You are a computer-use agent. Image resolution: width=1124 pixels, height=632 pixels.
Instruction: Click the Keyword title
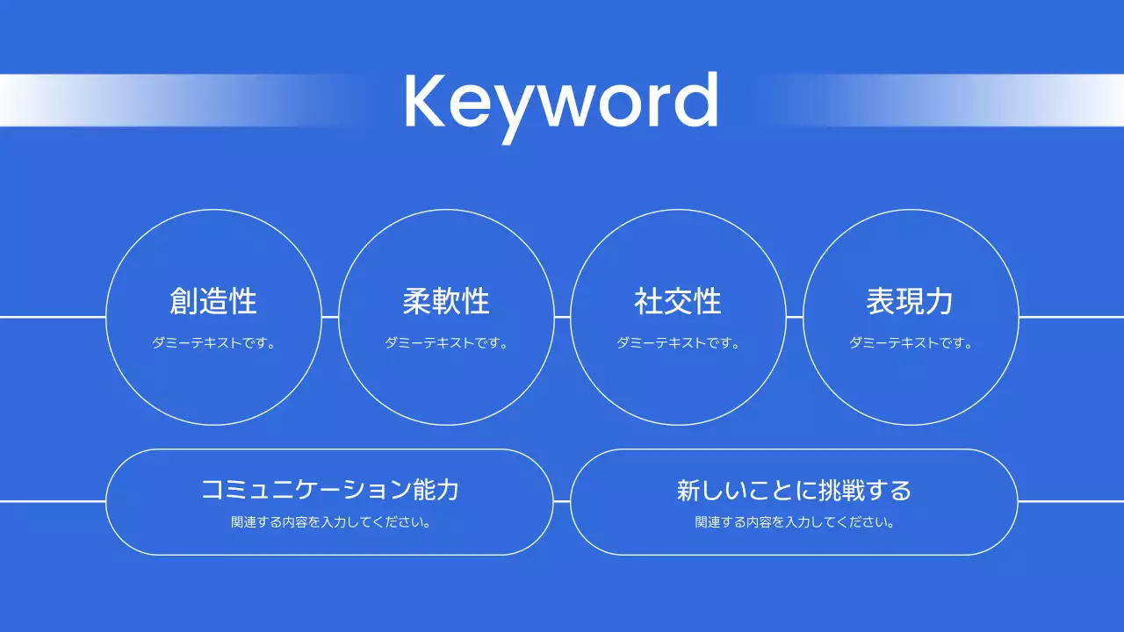pyautogui.click(x=561, y=102)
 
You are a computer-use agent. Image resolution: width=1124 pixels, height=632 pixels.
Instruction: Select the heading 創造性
pyautogui.click(x=213, y=301)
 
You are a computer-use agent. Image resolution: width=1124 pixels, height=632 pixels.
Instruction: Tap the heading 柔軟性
pyautogui.click(x=446, y=301)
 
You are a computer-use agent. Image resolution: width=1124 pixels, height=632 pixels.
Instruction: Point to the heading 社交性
pyautogui.click(x=678, y=301)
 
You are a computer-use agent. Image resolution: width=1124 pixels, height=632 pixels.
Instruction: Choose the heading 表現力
pyautogui.click(x=910, y=301)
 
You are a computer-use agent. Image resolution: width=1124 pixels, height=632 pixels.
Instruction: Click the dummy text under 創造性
pyautogui.click(x=213, y=343)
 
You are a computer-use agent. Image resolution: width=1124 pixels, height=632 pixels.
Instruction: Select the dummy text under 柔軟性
pyautogui.click(x=446, y=343)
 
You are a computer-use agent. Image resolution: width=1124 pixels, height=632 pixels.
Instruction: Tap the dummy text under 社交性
pyautogui.click(x=678, y=343)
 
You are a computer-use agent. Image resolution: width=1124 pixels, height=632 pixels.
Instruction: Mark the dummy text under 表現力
pyautogui.click(x=910, y=343)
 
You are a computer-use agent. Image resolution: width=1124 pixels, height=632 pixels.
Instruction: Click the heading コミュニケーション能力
pyautogui.click(x=329, y=489)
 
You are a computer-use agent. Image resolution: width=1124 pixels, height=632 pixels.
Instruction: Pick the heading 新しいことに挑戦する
pyautogui.click(x=794, y=489)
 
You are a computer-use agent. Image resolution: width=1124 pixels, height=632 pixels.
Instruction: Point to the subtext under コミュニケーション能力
pyautogui.click(x=329, y=522)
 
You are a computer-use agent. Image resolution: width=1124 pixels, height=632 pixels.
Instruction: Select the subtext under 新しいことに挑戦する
pyautogui.click(x=794, y=522)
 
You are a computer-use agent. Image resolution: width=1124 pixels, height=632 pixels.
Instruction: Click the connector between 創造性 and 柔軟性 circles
pyautogui.click(x=330, y=317)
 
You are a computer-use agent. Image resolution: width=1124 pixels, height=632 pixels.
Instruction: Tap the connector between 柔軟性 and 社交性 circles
pyautogui.click(x=562, y=317)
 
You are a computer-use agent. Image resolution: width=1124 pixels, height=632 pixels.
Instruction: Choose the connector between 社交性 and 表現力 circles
pyautogui.click(x=795, y=317)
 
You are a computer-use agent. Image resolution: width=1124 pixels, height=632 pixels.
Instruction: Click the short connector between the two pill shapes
pyautogui.click(x=562, y=501)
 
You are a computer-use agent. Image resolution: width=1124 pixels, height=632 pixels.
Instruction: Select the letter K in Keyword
pyautogui.click(x=425, y=102)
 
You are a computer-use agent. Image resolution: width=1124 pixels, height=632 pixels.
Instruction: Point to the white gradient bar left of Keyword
pyautogui.click(x=132, y=100)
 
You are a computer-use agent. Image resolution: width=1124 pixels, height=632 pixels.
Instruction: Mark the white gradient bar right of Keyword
pyautogui.click(x=992, y=100)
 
